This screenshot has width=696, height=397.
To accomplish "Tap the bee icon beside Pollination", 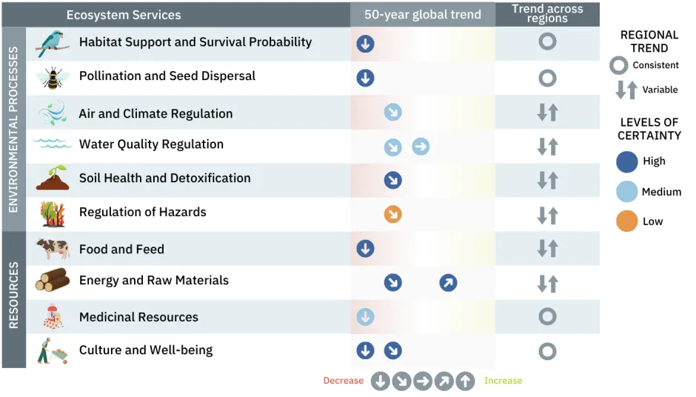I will (53, 77).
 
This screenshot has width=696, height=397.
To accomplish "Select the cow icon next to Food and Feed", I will (53, 249).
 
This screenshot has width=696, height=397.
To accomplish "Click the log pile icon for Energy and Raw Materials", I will (53, 281).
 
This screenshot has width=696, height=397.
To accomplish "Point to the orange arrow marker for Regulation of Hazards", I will (392, 214).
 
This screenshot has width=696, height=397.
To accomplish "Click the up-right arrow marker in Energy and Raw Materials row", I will (448, 282).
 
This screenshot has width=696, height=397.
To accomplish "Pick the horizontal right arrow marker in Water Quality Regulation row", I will (421, 147).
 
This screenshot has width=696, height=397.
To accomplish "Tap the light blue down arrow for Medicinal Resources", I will (365, 317).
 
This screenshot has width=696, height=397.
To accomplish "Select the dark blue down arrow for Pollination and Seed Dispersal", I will (365, 78).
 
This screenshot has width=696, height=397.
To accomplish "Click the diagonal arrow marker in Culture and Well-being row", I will (392, 350).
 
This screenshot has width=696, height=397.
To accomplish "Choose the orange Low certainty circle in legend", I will (626, 221).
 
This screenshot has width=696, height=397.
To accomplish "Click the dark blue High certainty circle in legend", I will (626, 161).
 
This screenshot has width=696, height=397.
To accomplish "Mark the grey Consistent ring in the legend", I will (618, 66).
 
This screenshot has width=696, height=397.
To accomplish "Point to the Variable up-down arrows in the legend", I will (626, 90).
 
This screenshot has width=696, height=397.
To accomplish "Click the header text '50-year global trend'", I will (422, 15).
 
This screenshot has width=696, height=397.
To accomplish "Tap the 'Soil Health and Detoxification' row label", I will (164, 179).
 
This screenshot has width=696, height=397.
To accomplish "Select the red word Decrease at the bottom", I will (343, 381).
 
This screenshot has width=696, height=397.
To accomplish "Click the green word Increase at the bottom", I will (503, 381).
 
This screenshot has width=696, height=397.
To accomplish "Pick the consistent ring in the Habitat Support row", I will (547, 41).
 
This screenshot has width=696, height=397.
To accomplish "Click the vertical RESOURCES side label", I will (13, 299).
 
